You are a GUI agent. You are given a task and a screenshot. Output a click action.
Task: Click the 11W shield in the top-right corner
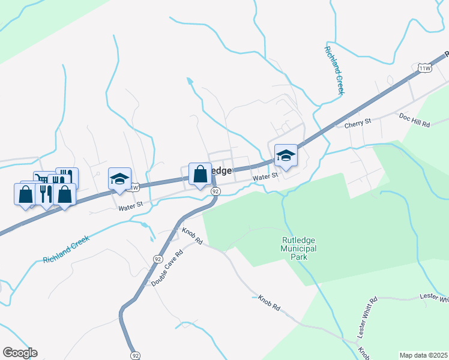[x=425, y=68]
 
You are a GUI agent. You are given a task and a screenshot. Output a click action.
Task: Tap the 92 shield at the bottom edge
[x=136, y=355]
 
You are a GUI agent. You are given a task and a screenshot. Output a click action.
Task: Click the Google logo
[x=20, y=353]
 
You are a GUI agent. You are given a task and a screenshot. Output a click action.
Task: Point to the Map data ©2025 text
[x=424, y=355]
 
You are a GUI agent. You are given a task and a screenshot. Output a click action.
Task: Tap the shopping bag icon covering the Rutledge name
[x=200, y=174]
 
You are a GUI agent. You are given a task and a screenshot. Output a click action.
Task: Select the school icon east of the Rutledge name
[x=286, y=156]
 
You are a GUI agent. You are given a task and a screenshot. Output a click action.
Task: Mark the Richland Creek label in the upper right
[x=334, y=70]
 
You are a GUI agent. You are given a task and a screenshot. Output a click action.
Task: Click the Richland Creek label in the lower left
[x=66, y=249]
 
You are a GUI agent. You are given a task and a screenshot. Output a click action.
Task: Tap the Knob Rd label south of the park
[x=270, y=302]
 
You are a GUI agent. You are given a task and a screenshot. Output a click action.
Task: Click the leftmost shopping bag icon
[x=25, y=194]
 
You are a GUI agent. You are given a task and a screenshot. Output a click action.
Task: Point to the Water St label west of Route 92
[x=130, y=206]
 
